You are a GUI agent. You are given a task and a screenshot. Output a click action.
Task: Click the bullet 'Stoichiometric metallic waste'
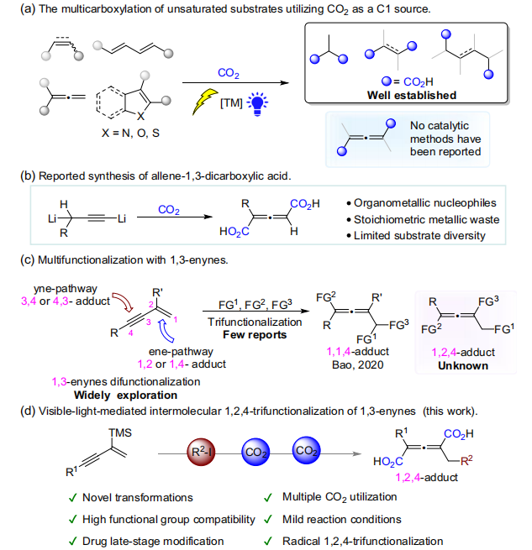[x=426, y=220]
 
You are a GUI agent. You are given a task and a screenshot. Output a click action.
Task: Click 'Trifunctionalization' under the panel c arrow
[x=255, y=322]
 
